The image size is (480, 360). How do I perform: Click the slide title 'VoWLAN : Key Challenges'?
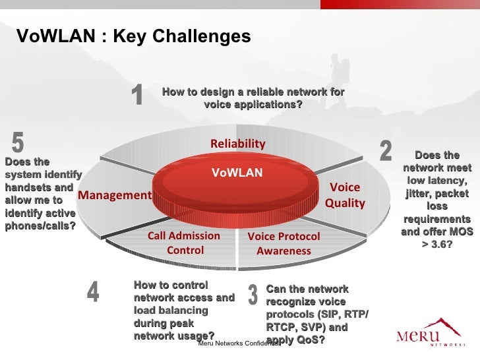[x=133, y=36]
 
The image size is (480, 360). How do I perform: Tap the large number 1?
[x=136, y=97]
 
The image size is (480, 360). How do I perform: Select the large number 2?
[x=386, y=151]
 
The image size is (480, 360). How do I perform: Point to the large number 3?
[x=253, y=295]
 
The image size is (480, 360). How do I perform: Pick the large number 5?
[x=18, y=142]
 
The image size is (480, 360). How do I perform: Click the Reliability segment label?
[x=237, y=144]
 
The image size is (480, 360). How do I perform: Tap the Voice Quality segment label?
[x=345, y=196]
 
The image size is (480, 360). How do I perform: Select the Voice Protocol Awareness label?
[x=284, y=243]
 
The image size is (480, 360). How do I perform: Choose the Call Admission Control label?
[x=184, y=243]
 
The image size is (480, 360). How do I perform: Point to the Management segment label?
[x=115, y=195]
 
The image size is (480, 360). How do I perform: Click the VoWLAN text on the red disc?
[x=237, y=173]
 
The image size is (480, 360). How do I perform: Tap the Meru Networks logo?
[x=429, y=332]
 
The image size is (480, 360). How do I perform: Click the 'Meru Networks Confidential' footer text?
[x=235, y=344]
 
